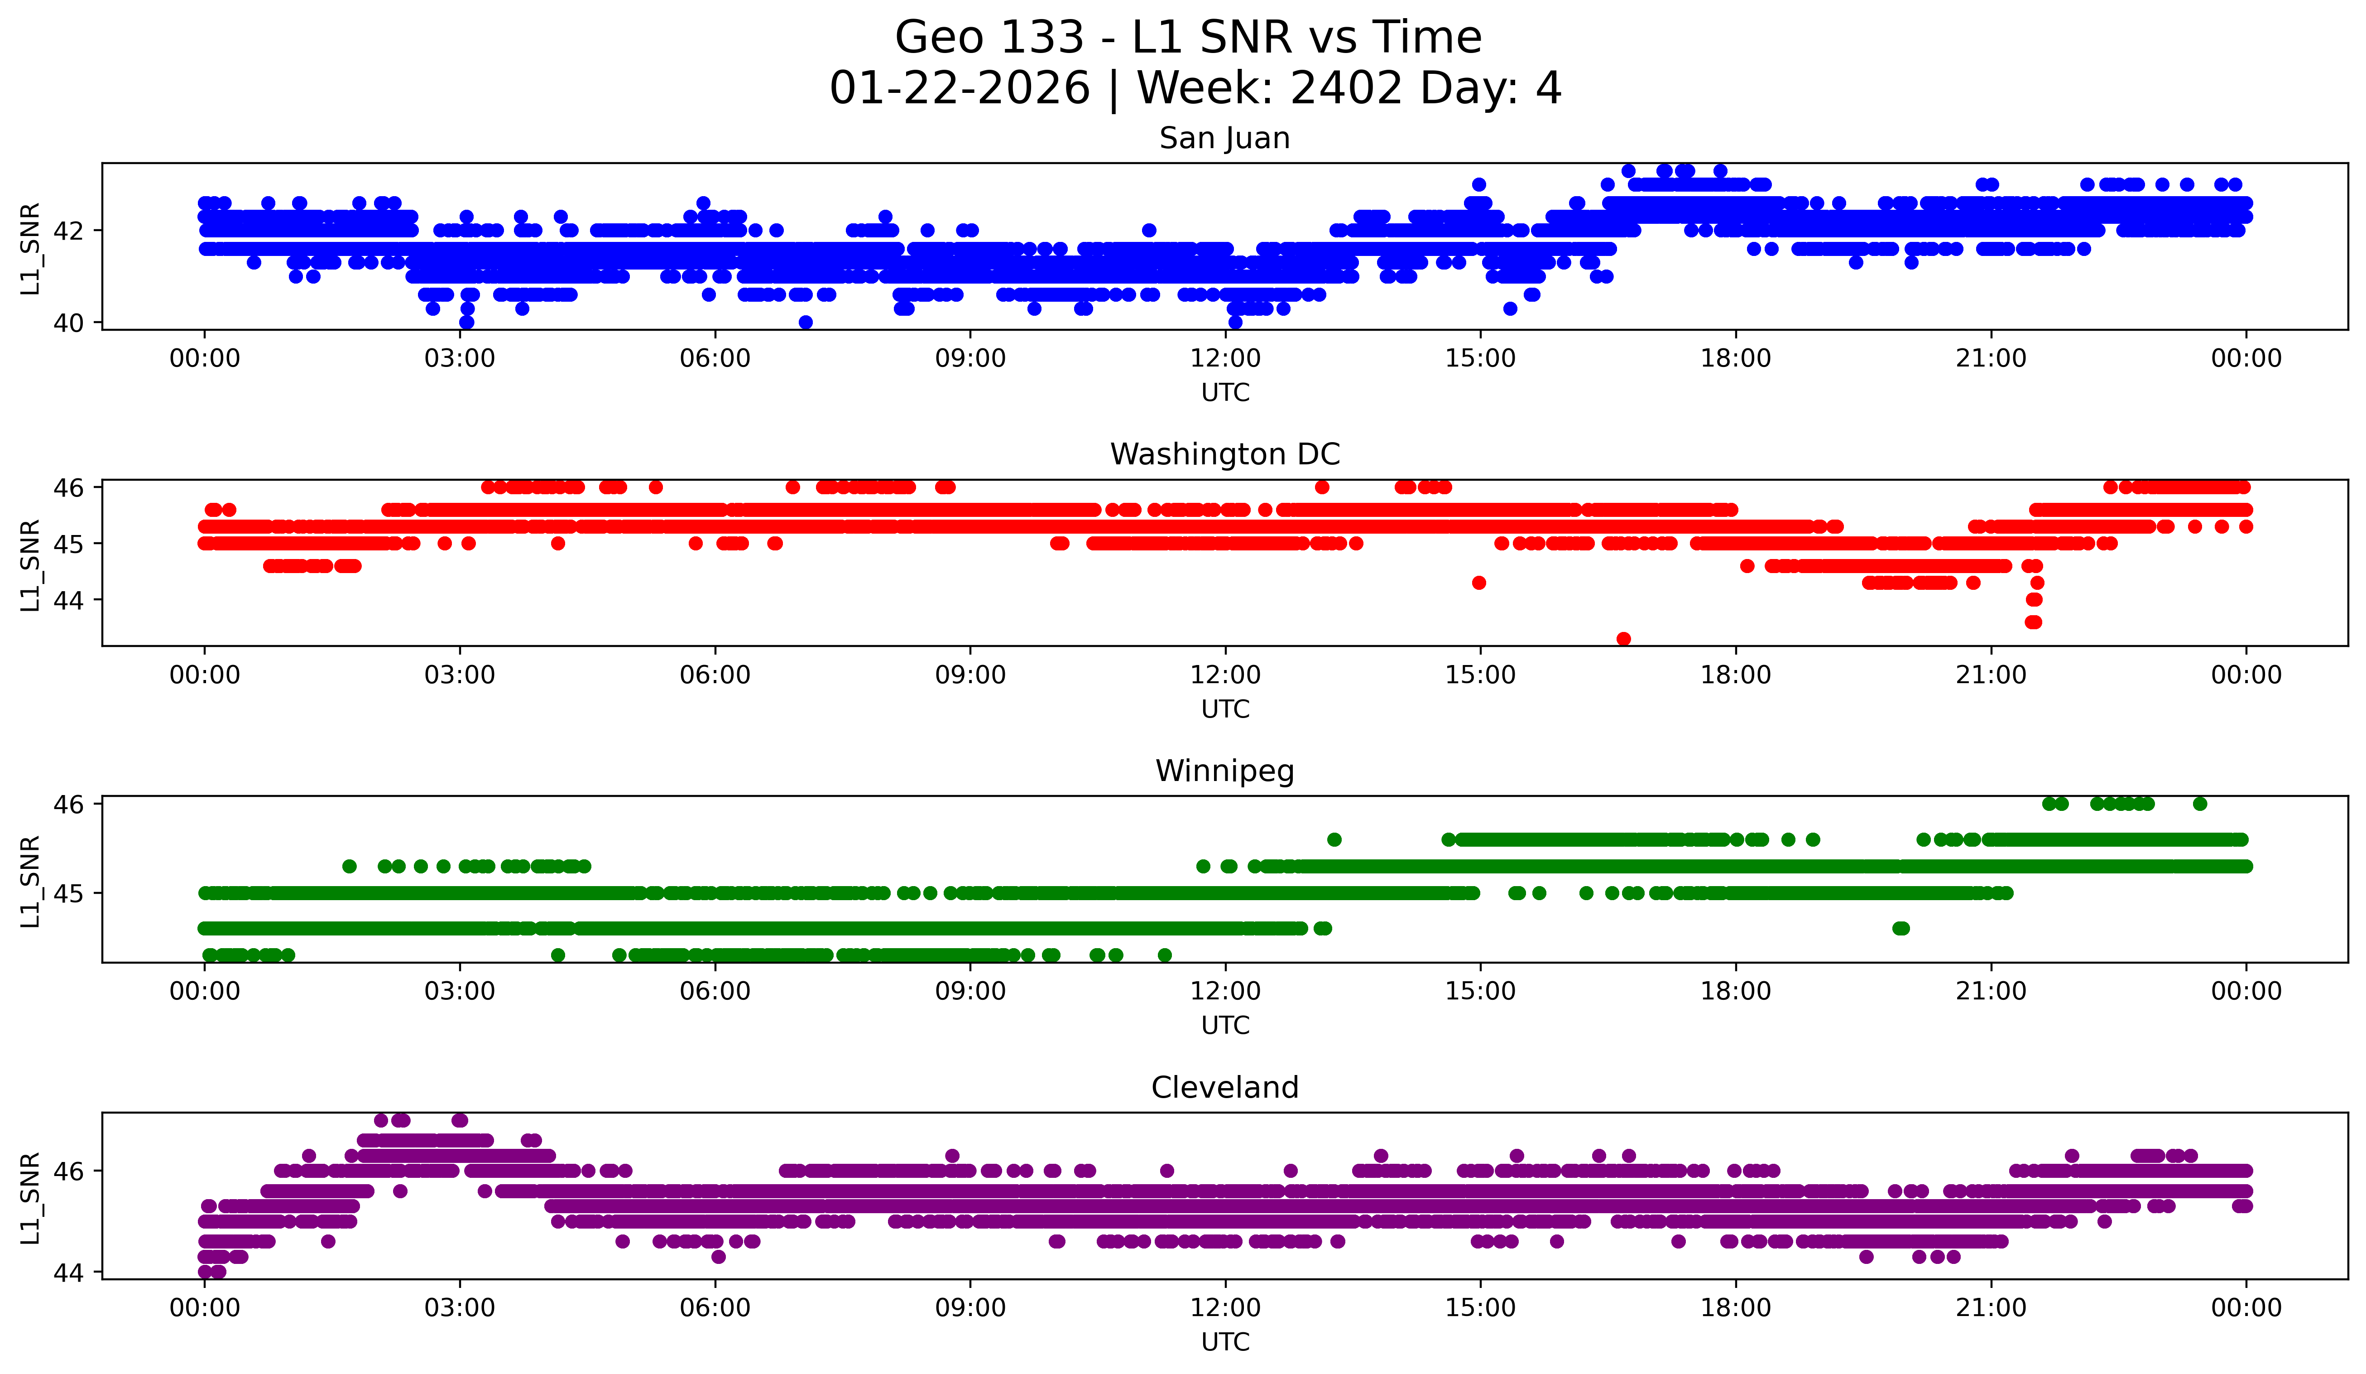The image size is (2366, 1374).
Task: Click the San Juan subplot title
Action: (1224, 138)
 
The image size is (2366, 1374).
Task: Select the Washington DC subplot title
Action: (1224, 454)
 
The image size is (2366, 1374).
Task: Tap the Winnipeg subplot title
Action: (1224, 771)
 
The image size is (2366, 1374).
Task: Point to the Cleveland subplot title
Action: (1224, 1088)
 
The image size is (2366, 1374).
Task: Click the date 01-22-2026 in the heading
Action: (960, 88)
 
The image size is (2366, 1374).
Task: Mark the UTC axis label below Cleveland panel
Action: (1225, 1342)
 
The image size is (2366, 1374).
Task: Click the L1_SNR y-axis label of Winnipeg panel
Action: (30, 881)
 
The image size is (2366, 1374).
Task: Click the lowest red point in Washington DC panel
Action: (1623, 639)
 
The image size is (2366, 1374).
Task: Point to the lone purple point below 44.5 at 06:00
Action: (718, 1257)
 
